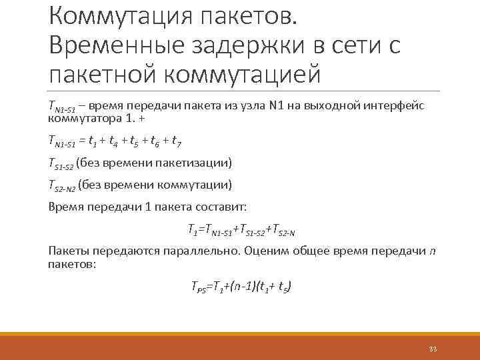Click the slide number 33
(433, 349)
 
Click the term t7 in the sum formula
(176, 141)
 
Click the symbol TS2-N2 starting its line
(61, 185)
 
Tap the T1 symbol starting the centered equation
(193, 230)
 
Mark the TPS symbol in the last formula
(198, 287)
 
